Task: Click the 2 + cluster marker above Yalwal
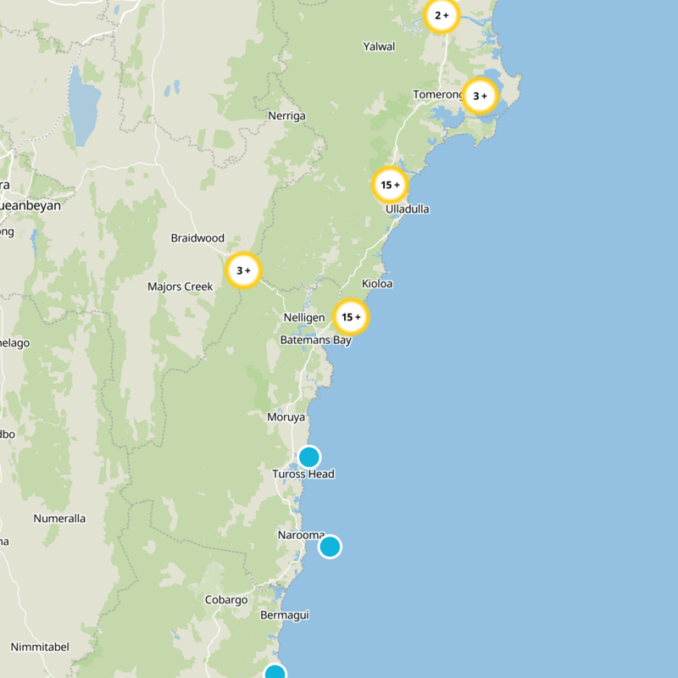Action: click(442, 15)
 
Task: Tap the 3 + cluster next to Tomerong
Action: click(480, 96)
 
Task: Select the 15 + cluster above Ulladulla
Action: click(390, 185)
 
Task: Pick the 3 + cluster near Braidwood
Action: click(243, 271)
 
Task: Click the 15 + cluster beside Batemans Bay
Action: click(351, 317)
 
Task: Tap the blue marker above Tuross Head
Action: click(309, 457)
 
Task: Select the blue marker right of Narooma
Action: click(330, 547)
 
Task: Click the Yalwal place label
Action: click(379, 47)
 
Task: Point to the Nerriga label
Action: click(286, 115)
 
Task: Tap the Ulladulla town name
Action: click(407, 208)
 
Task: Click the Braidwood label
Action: click(197, 238)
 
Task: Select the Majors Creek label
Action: click(180, 286)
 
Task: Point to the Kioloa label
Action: click(377, 284)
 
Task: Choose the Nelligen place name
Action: click(304, 317)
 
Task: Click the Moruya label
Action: click(286, 417)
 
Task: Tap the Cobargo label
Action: click(226, 600)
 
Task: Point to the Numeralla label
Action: click(59, 518)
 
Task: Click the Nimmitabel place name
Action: click(40, 647)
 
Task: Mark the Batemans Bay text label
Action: click(315, 340)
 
